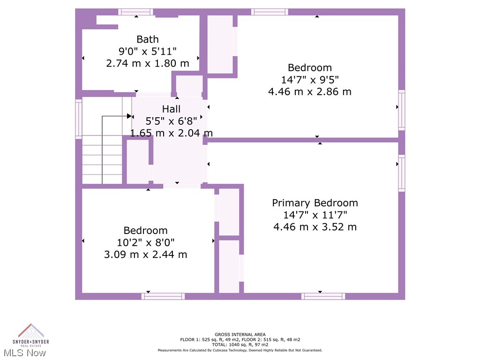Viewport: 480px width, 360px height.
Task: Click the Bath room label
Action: tap(148, 39)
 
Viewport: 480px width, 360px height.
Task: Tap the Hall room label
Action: tap(171, 109)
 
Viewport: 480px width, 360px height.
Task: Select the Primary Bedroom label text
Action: tap(315, 203)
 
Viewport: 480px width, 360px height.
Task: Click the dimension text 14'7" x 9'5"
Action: tap(310, 80)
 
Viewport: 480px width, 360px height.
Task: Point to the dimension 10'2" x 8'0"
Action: tap(145, 242)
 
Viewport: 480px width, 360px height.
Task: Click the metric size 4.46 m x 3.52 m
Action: tap(315, 227)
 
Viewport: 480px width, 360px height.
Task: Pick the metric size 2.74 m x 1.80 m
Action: tap(148, 63)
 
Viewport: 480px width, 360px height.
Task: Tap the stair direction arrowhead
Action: tap(129, 116)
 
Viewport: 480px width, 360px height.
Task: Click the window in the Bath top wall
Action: tap(135, 12)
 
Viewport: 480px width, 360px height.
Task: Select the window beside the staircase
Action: tap(79, 118)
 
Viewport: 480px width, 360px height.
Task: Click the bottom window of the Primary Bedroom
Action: tap(323, 296)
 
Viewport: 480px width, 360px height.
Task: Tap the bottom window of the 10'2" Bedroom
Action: tap(163, 296)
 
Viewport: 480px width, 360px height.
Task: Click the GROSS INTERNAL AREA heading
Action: tap(240, 334)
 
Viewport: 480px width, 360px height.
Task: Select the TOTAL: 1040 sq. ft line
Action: tap(240, 345)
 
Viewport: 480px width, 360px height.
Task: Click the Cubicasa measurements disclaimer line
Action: tap(240, 350)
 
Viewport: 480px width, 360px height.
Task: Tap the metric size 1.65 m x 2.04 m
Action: tap(171, 133)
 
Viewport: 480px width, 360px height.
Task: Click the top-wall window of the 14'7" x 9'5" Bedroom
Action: tap(270, 12)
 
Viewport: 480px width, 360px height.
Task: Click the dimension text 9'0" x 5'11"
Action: tap(148, 51)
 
